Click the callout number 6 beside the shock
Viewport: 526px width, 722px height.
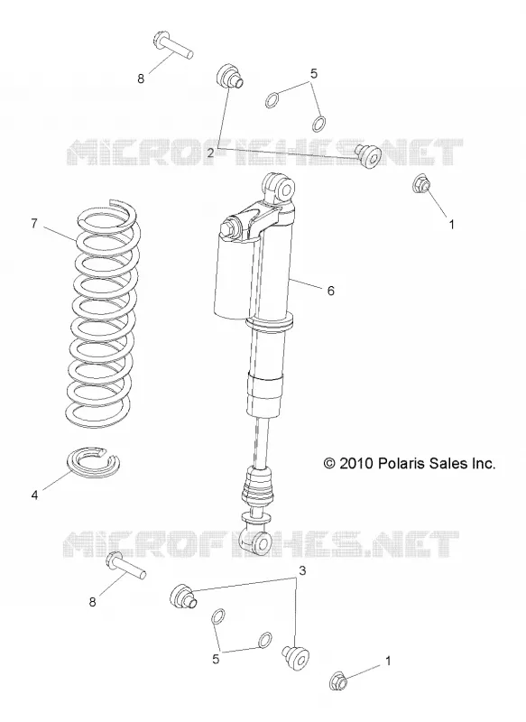330,291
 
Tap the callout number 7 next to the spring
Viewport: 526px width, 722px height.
34,223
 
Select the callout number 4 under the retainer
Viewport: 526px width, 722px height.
35,495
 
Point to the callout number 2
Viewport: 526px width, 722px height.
210,153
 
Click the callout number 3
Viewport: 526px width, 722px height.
302,570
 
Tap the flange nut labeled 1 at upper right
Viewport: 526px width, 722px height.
421,184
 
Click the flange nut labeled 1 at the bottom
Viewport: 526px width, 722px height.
340,680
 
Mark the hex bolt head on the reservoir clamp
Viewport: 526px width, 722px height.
228,230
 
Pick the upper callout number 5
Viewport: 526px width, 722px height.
313,73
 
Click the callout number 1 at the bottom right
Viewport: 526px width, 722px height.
387,661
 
